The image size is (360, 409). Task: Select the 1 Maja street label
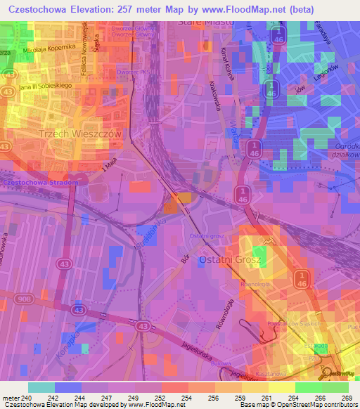[x=108, y=166]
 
